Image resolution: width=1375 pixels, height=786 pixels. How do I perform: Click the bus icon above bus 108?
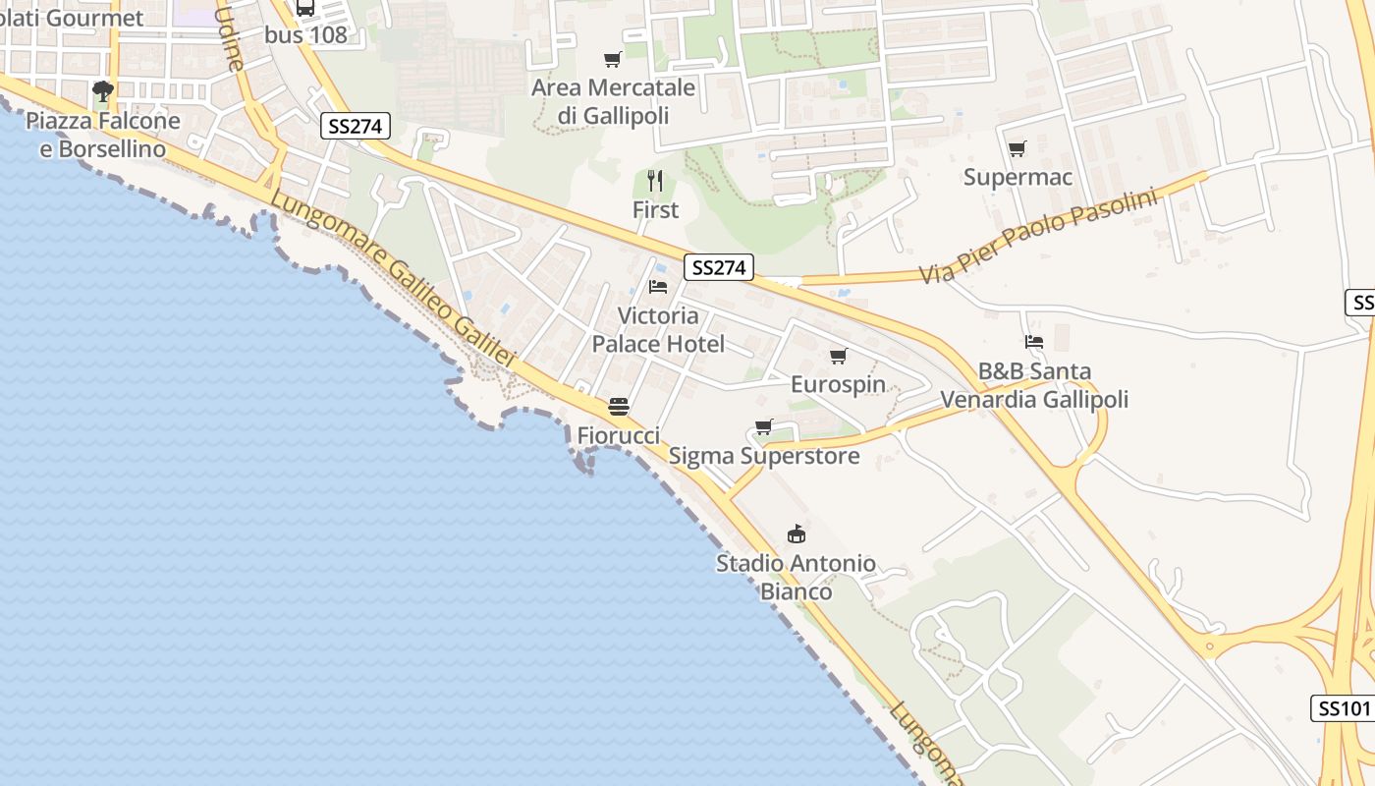[x=305, y=8]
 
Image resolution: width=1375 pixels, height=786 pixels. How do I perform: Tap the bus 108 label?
[x=305, y=34]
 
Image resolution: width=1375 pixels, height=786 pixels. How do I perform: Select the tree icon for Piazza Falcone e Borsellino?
[x=102, y=92]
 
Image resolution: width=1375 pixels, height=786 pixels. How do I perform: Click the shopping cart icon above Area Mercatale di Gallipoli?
[x=613, y=59]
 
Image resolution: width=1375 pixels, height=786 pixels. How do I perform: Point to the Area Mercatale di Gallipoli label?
[x=613, y=101]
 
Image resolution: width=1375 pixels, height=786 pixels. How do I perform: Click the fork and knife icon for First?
[x=655, y=181]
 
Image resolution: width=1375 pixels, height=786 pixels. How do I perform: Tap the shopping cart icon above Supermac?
[x=1017, y=149]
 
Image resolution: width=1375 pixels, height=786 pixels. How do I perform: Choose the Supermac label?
[x=1017, y=178]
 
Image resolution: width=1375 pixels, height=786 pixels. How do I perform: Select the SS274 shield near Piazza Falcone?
[x=356, y=126]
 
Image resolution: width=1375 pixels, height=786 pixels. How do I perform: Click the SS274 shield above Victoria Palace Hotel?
[x=719, y=267]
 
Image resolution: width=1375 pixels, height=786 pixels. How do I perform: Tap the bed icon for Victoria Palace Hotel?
[x=658, y=287]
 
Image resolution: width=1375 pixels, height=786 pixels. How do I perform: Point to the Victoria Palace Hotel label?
[x=658, y=330]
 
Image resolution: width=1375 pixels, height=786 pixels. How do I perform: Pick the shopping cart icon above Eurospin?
[x=838, y=356]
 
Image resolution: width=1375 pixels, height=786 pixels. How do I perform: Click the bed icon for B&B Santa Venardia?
[x=1034, y=342]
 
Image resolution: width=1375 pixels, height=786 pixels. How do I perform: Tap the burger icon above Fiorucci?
[x=618, y=407]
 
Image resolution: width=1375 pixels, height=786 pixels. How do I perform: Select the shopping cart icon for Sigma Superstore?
[x=764, y=426]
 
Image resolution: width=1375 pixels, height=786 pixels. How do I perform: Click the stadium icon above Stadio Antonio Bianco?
[x=797, y=534]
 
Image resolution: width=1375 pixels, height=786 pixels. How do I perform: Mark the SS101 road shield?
[x=1342, y=708]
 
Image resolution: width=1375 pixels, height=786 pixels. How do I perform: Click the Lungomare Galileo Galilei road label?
[x=393, y=280]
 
